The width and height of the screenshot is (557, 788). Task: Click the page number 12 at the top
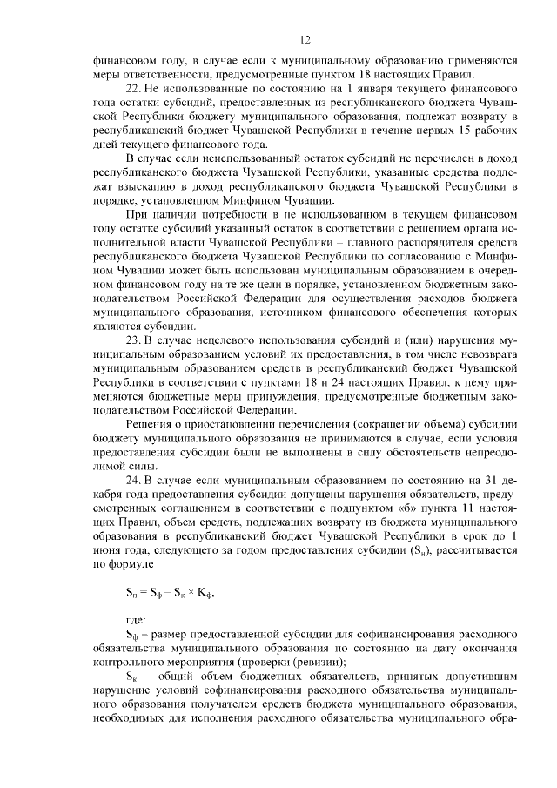[305, 38]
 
